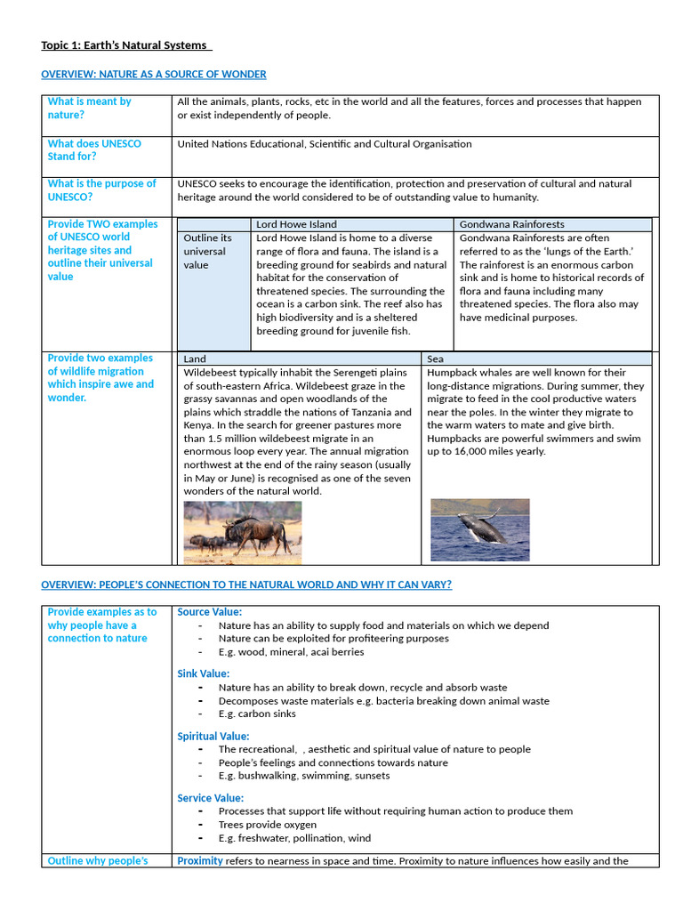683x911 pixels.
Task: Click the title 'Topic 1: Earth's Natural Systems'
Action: point(125,45)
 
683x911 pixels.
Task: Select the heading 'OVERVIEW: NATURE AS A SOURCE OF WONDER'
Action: point(154,75)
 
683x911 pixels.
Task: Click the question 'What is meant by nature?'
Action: point(89,108)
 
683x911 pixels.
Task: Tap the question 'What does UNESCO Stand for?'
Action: point(94,149)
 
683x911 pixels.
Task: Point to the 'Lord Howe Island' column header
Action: point(296,224)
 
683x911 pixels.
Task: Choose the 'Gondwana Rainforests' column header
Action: point(511,224)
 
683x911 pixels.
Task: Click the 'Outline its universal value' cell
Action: point(207,251)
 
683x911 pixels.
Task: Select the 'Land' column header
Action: point(195,359)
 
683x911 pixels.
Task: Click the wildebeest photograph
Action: point(242,532)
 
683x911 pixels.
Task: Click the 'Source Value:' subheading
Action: point(209,612)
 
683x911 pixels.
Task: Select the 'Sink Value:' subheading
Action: point(203,673)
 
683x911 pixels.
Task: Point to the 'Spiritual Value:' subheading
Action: point(213,737)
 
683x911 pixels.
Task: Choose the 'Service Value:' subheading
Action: point(210,798)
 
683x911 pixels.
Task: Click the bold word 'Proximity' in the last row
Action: point(200,860)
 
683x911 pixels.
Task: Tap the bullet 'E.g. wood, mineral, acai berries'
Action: point(291,652)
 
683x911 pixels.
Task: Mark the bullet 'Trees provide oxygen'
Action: point(268,825)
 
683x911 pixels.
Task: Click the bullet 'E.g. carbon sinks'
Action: point(257,713)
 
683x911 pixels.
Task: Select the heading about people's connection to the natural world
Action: point(246,584)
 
